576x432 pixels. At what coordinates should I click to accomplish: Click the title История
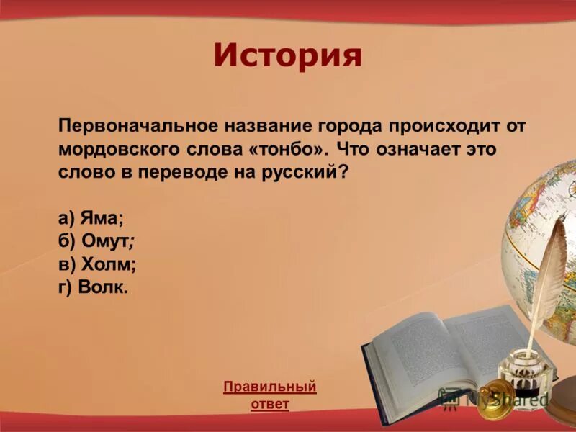pyautogui.click(x=287, y=56)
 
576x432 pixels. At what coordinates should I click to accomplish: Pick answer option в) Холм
pyautogui.click(x=97, y=264)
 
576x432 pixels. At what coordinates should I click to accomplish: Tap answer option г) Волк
pyautogui.click(x=94, y=287)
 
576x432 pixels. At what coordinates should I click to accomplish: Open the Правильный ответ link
pyautogui.click(x=270, y=395)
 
